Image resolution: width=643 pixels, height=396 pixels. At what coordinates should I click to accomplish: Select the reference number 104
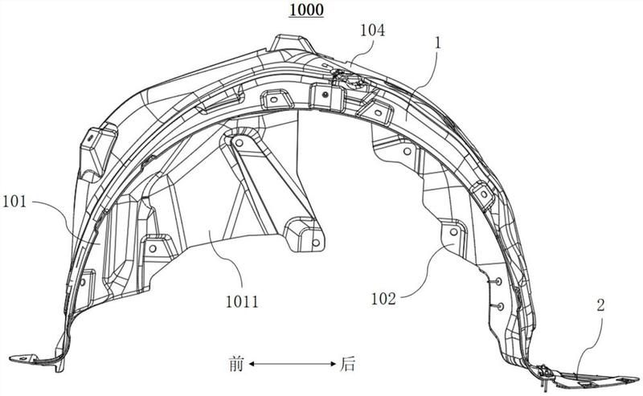pyautogui.click(x=372, y=31)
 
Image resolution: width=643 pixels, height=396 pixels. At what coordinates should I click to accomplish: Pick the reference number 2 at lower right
pyautogui.click(x=600, y=304)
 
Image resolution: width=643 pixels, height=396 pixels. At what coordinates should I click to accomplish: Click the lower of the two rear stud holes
pyautogui.click(x=499, y=306)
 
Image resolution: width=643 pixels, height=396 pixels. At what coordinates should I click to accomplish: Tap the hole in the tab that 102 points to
pyautogui.click(x=452, y=232)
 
